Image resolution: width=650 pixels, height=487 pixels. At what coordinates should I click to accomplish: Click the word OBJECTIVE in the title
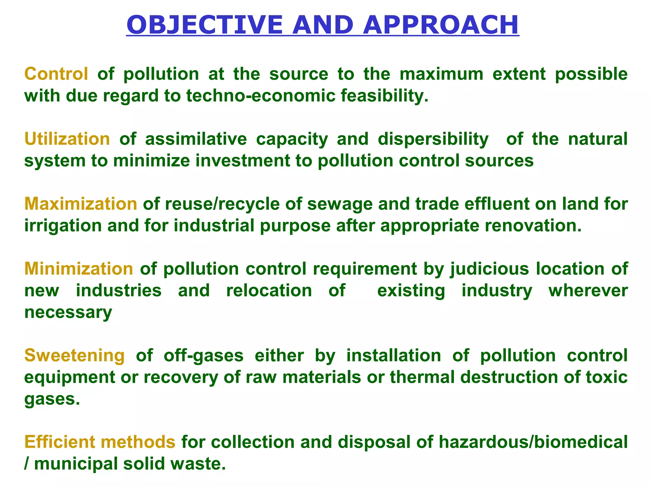click(x=205, y=25)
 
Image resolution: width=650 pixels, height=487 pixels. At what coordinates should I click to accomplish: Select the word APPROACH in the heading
click(x=441, y=25)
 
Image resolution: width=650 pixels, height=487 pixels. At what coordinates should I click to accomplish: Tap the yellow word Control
click(x=56, y=74)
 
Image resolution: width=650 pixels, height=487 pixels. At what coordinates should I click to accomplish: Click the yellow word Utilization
click(x=67, y=139)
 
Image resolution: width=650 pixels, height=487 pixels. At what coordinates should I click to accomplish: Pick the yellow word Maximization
click(x=81, y=204)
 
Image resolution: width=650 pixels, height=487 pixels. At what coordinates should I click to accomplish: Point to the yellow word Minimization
click(x=79, y=269)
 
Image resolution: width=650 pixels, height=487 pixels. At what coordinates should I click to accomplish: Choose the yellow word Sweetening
click(x=75, y=355)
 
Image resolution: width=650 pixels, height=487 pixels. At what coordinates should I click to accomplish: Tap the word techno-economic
click(x=261, y=95)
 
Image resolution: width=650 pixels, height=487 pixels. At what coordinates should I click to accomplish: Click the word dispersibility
click(x=433, y=139)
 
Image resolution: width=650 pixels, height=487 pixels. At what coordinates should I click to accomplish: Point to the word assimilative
click(x=196, y=139)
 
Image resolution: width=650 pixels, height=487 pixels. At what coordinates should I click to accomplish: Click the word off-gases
click(x=203, y=356)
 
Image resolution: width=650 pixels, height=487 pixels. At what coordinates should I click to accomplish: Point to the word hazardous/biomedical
click(x=533, y=442)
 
